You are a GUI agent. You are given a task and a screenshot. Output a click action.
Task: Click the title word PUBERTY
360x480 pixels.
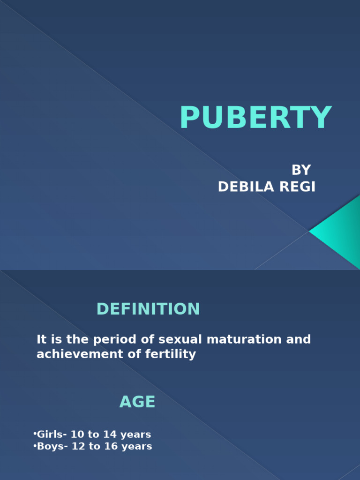coord(255,118)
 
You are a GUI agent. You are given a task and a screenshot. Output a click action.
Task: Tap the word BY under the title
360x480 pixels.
coord(301,170)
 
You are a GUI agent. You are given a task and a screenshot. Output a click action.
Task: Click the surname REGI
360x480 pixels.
coord(297,187)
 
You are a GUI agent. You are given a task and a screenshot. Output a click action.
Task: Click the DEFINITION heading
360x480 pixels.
coord(148,309)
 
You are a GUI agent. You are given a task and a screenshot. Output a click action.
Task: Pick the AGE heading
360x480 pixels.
coord(137,402)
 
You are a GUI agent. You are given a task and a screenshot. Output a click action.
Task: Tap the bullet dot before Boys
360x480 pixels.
coord(35,446)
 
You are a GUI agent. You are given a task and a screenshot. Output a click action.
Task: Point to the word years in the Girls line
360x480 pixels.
coord(134,435)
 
